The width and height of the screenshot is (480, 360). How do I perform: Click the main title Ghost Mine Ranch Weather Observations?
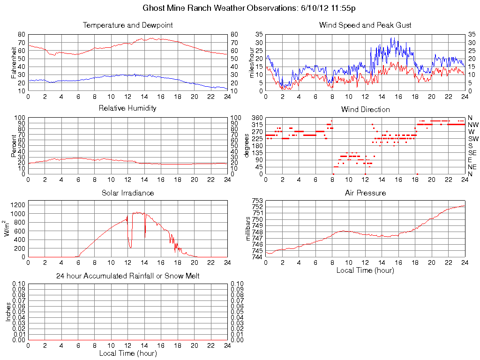(x=252, y=8)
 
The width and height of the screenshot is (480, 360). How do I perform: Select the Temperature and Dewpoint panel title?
(x=128, y=25)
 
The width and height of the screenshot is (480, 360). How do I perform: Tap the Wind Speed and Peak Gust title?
(x=365, y=25)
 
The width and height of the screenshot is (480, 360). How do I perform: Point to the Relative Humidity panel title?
(x=127, y=108)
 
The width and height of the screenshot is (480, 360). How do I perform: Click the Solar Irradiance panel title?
(x=127, y=193)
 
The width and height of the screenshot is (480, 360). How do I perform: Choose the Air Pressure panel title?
(x=365, y=193)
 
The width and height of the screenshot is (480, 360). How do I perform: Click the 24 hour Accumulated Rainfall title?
(x=127, y=276)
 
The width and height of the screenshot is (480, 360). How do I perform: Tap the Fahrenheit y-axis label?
(x=14, y=62)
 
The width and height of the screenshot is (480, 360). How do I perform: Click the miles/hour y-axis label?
(x=252, y=62)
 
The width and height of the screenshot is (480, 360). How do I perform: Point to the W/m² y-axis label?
(x=8, y=228)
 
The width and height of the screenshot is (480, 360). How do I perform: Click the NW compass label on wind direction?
(x=472, y=125)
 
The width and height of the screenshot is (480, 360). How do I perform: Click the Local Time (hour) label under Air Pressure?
(x=365, y=270)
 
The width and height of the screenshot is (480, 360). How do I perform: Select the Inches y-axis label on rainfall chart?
(x=8, y=312)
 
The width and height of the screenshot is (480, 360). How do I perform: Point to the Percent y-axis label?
(x=14, y=145)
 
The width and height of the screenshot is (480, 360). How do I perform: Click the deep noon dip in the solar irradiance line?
(x=130, y=247)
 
